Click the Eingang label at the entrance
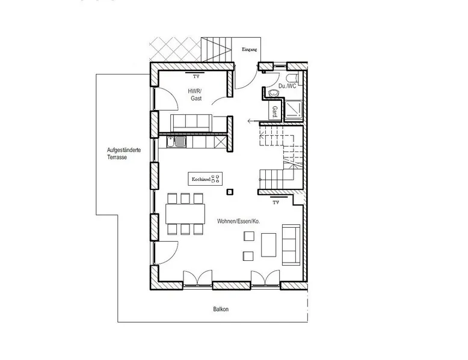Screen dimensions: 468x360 coord(249,49)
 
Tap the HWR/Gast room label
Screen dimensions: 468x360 coord(196,94)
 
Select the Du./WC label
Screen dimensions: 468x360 coord(287,86)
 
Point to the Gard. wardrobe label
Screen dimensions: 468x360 coord(275,112)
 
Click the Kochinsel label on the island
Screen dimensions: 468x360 coord(201,179)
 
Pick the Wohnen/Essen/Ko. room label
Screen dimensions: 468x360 coord(238,221)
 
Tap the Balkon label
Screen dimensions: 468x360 coord(221,309)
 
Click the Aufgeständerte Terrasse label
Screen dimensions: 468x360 coord(124,154)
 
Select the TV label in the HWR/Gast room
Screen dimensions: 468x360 coord(196,77)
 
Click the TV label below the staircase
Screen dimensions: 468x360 coord(276,203)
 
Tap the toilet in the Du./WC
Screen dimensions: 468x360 coord(292,78)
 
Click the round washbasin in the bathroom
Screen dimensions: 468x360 coord(273,93)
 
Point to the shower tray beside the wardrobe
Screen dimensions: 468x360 coord(294,111)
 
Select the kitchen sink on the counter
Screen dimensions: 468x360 coord(176,142)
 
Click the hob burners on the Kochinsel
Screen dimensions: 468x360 coord(215,179)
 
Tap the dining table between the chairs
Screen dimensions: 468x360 coord(185,214)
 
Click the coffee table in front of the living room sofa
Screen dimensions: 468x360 coord(269,245)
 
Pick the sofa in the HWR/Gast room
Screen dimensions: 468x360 coord(191,123)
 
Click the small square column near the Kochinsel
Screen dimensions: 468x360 coord(230,192)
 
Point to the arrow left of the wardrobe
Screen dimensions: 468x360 coord(253,121)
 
